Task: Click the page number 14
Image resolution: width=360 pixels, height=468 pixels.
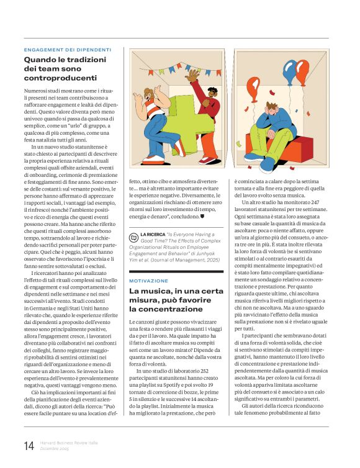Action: point(29,446)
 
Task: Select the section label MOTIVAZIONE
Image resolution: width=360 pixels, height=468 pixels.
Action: point(148,281)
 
